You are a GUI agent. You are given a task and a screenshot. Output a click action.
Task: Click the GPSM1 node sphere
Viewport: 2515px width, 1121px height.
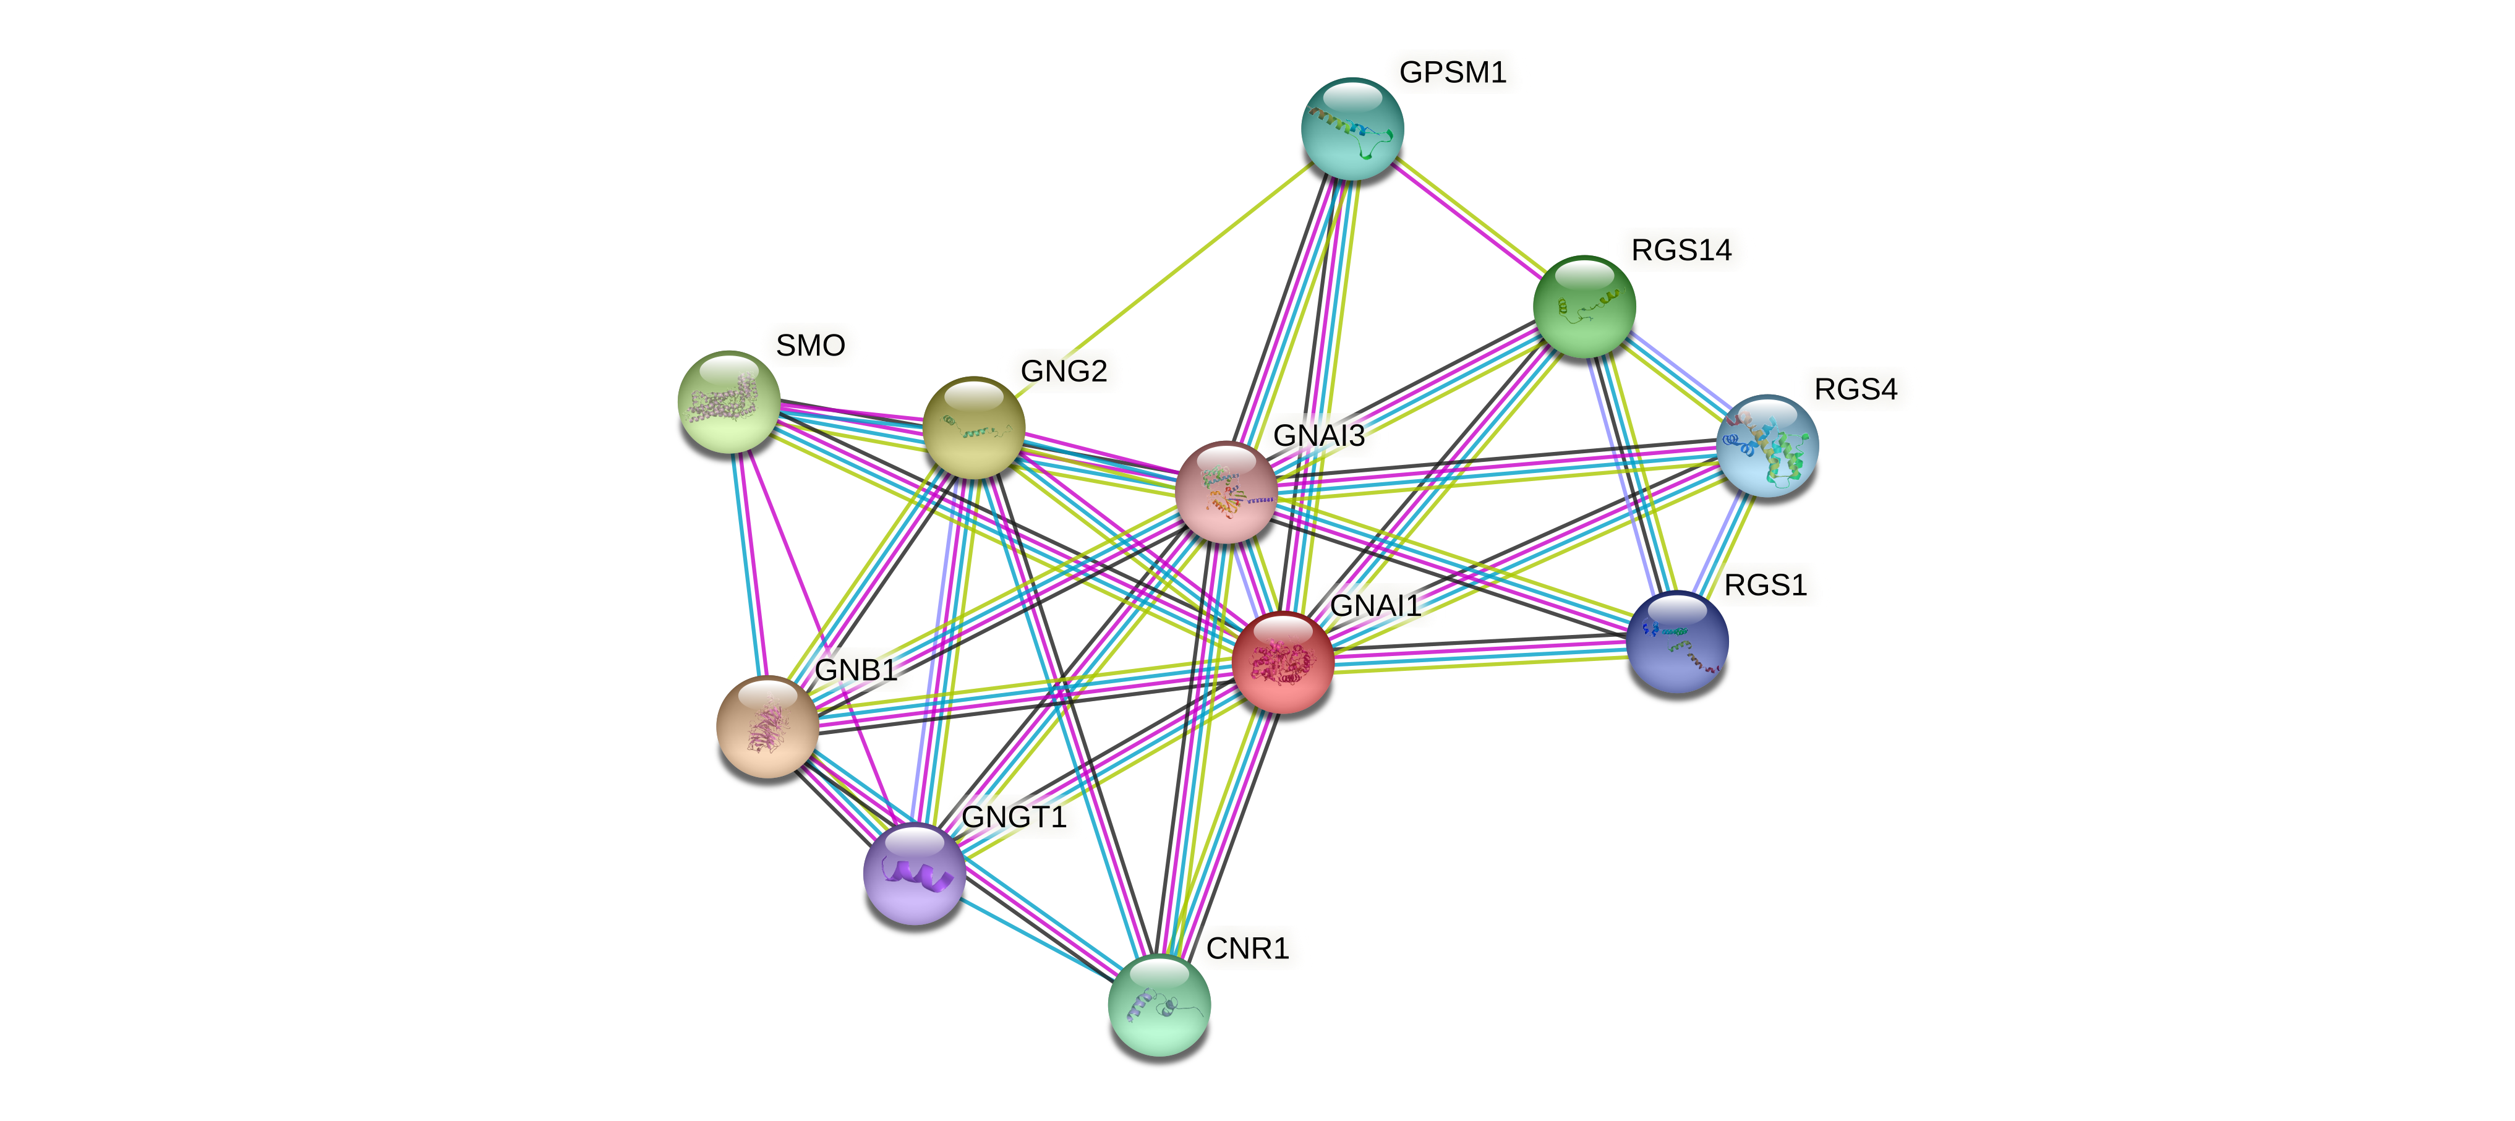[x=1352, y=129]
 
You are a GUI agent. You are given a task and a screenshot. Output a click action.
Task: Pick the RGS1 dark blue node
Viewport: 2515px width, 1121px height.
[x=1677, y=642]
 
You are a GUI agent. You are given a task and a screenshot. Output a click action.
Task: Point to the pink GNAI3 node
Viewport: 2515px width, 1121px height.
[x=1225, y=491]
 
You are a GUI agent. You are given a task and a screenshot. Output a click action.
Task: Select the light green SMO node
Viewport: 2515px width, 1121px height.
[x=728, y=401]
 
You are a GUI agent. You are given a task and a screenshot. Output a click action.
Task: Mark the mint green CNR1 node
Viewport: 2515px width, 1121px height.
[x=1159, y=1005]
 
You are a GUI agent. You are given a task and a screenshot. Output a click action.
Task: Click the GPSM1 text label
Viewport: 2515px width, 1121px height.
[x=1452, y=72]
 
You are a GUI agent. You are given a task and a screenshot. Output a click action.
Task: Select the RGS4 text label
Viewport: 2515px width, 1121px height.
[x=1855, y=390]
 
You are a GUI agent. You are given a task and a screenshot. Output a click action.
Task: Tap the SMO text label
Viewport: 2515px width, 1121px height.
[x=809, y=346]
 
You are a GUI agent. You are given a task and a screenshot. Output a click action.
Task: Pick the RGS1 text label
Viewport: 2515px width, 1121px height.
[x=1765, y=586]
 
